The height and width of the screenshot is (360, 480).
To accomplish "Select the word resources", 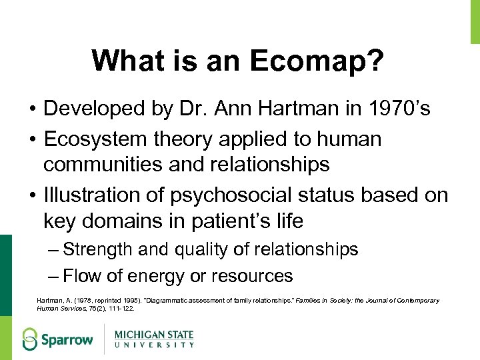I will pyautogui.click(x=259, y=275).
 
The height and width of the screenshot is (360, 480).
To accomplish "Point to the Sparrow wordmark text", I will pyautogui.click(x=68, y=339).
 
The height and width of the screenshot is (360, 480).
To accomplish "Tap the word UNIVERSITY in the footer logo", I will pyautogui.click(x=154, y=345).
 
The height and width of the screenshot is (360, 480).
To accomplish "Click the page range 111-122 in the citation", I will pyautogui.click(x=121, y=309).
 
